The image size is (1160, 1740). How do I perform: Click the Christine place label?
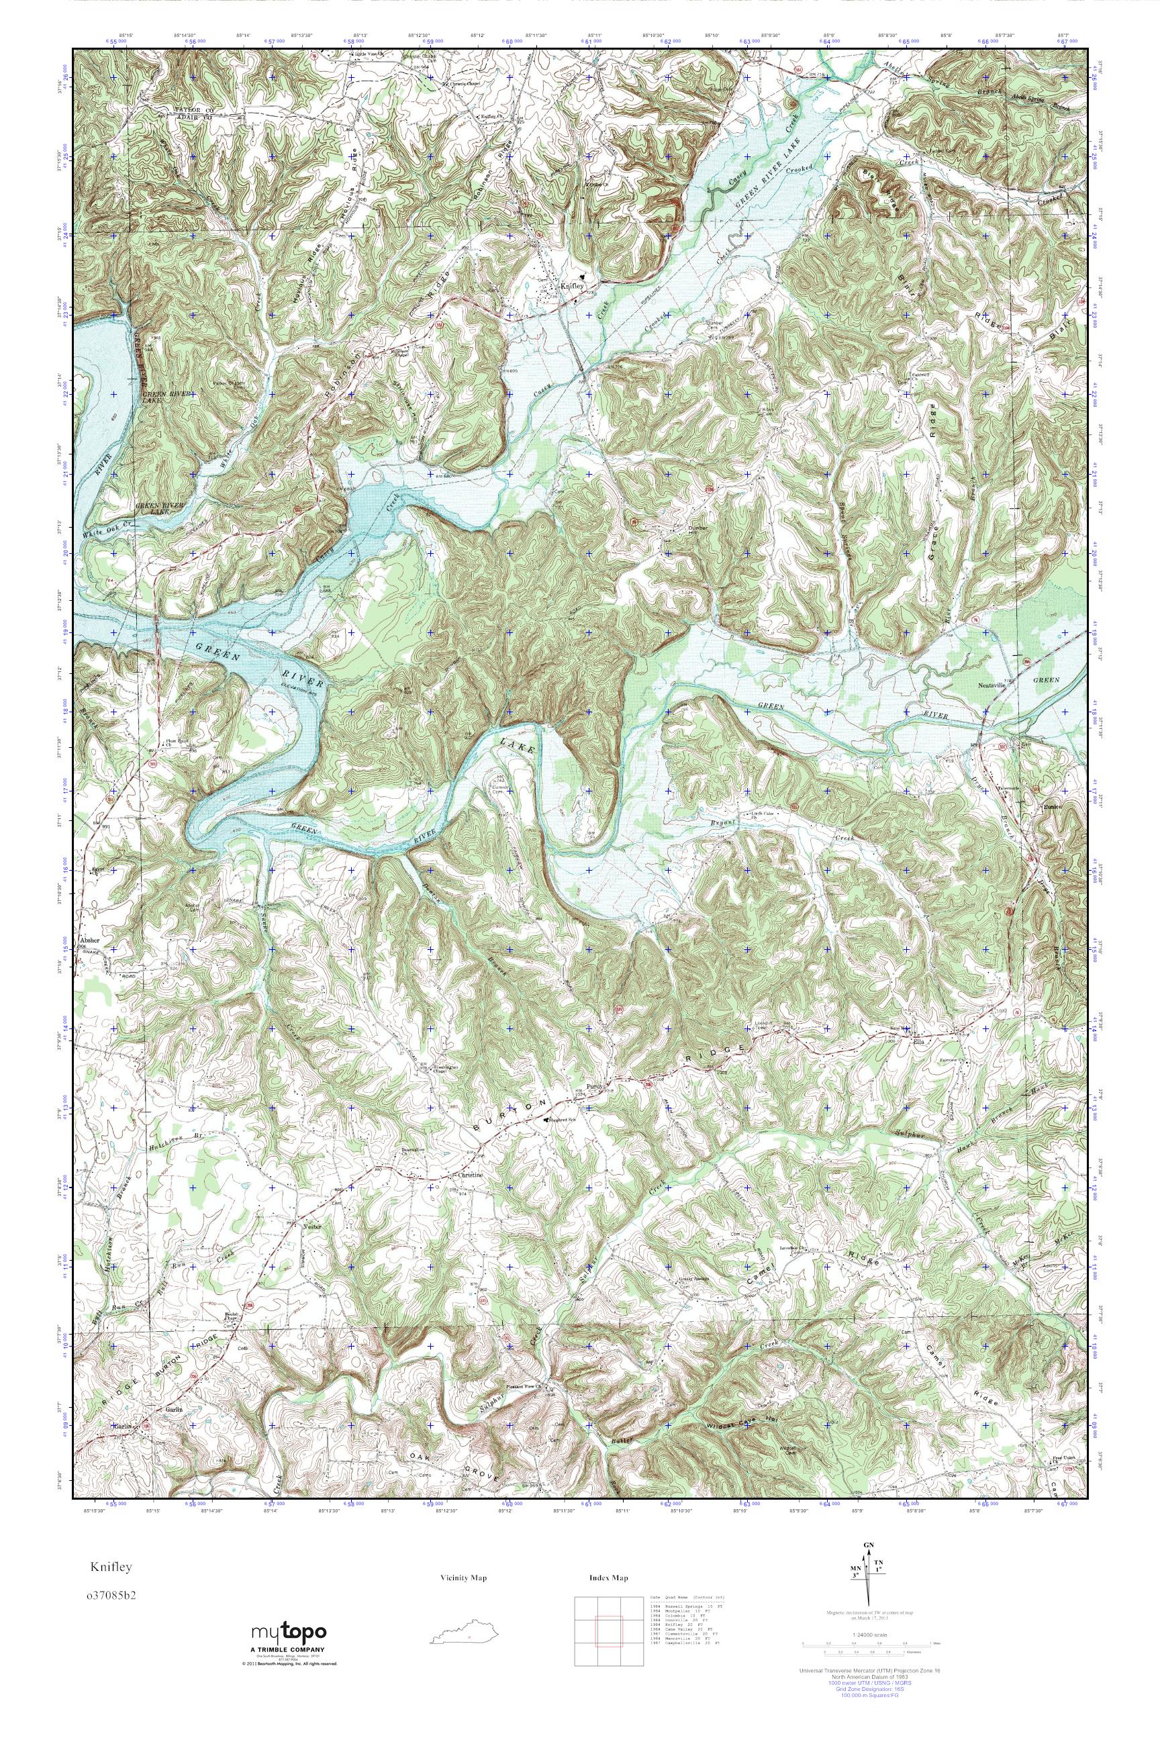click(x=471, y=1175)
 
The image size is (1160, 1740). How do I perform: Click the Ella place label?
click(x=920, y=1038)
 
